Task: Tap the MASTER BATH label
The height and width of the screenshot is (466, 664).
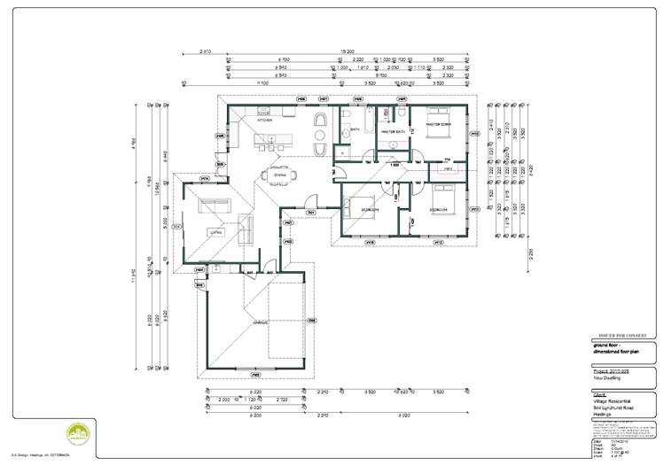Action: [393, 132]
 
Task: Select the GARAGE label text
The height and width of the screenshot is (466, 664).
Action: [260, 322]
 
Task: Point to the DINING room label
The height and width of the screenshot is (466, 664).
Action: [280, 175]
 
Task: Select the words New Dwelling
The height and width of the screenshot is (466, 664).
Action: [607, 377]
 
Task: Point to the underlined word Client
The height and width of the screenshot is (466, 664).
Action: [601, 393]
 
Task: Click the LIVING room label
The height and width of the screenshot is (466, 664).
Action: [213, 232]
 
